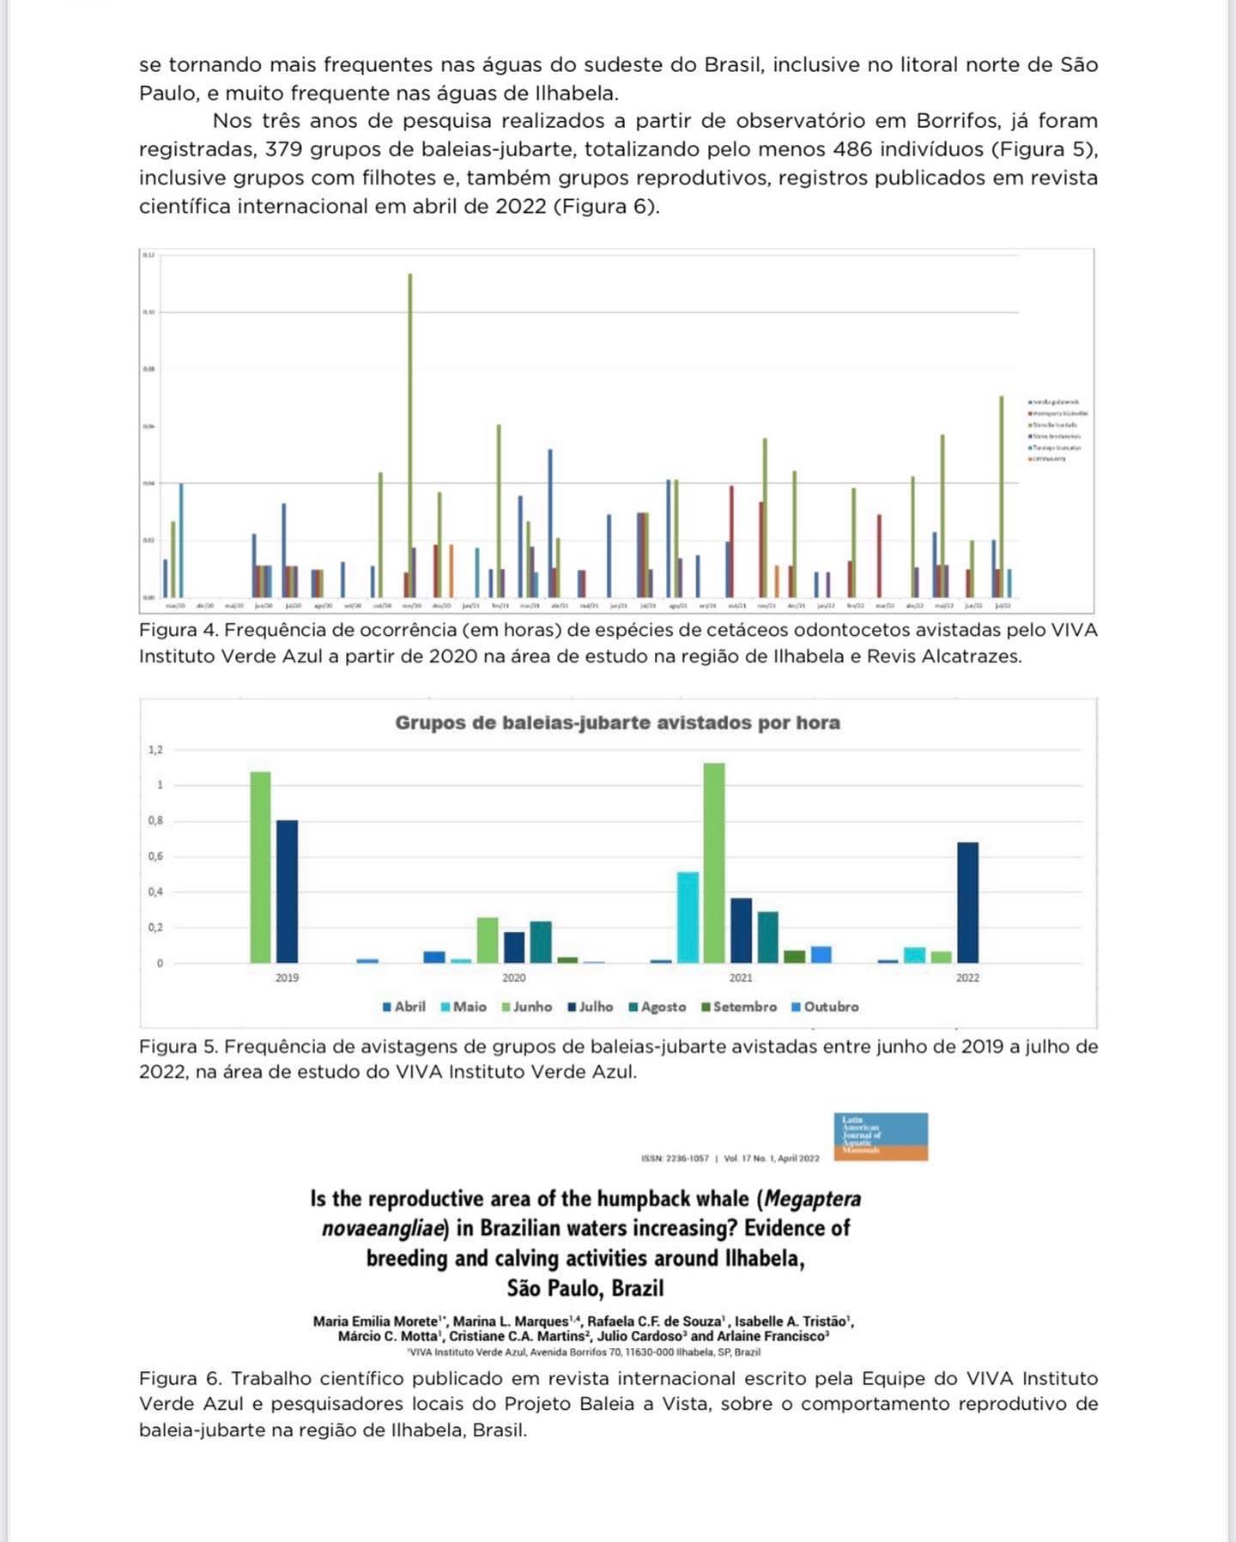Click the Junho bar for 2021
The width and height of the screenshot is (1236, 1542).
click(714, 862)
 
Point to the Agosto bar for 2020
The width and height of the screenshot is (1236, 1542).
click(541, 941)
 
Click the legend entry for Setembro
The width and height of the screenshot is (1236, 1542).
click(739, 1007)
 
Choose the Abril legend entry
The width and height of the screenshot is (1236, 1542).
click(404, 1007)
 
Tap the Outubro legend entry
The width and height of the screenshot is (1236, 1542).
click(825, 1007)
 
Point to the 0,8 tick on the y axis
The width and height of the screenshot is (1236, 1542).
click(155, 821)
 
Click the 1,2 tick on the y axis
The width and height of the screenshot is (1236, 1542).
click(155, 750)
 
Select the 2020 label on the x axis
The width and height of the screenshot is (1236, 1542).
click(514, 977)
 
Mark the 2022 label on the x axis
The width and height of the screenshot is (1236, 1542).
click(967, 977)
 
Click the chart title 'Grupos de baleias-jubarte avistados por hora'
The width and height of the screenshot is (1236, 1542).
click(617, 723)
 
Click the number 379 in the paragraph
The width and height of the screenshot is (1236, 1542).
click(282, 149)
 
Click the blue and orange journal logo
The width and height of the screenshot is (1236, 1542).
click(881, 1136)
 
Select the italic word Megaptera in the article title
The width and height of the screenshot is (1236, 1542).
click(813, 1199)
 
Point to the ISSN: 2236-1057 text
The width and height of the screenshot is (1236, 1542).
click(675, 1158)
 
